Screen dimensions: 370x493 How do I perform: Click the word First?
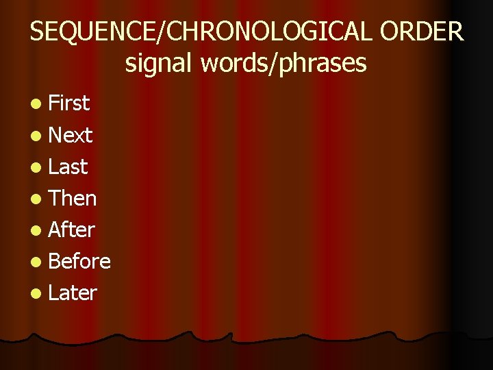[69, 103]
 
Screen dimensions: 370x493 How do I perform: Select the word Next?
[71, 135]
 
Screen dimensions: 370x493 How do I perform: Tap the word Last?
[68, 166]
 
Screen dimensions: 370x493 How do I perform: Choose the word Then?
[73, 198]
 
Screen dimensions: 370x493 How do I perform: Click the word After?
[71, 230]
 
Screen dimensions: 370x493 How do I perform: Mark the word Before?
[79, 261]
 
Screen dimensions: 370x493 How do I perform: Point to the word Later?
[73, 293]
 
